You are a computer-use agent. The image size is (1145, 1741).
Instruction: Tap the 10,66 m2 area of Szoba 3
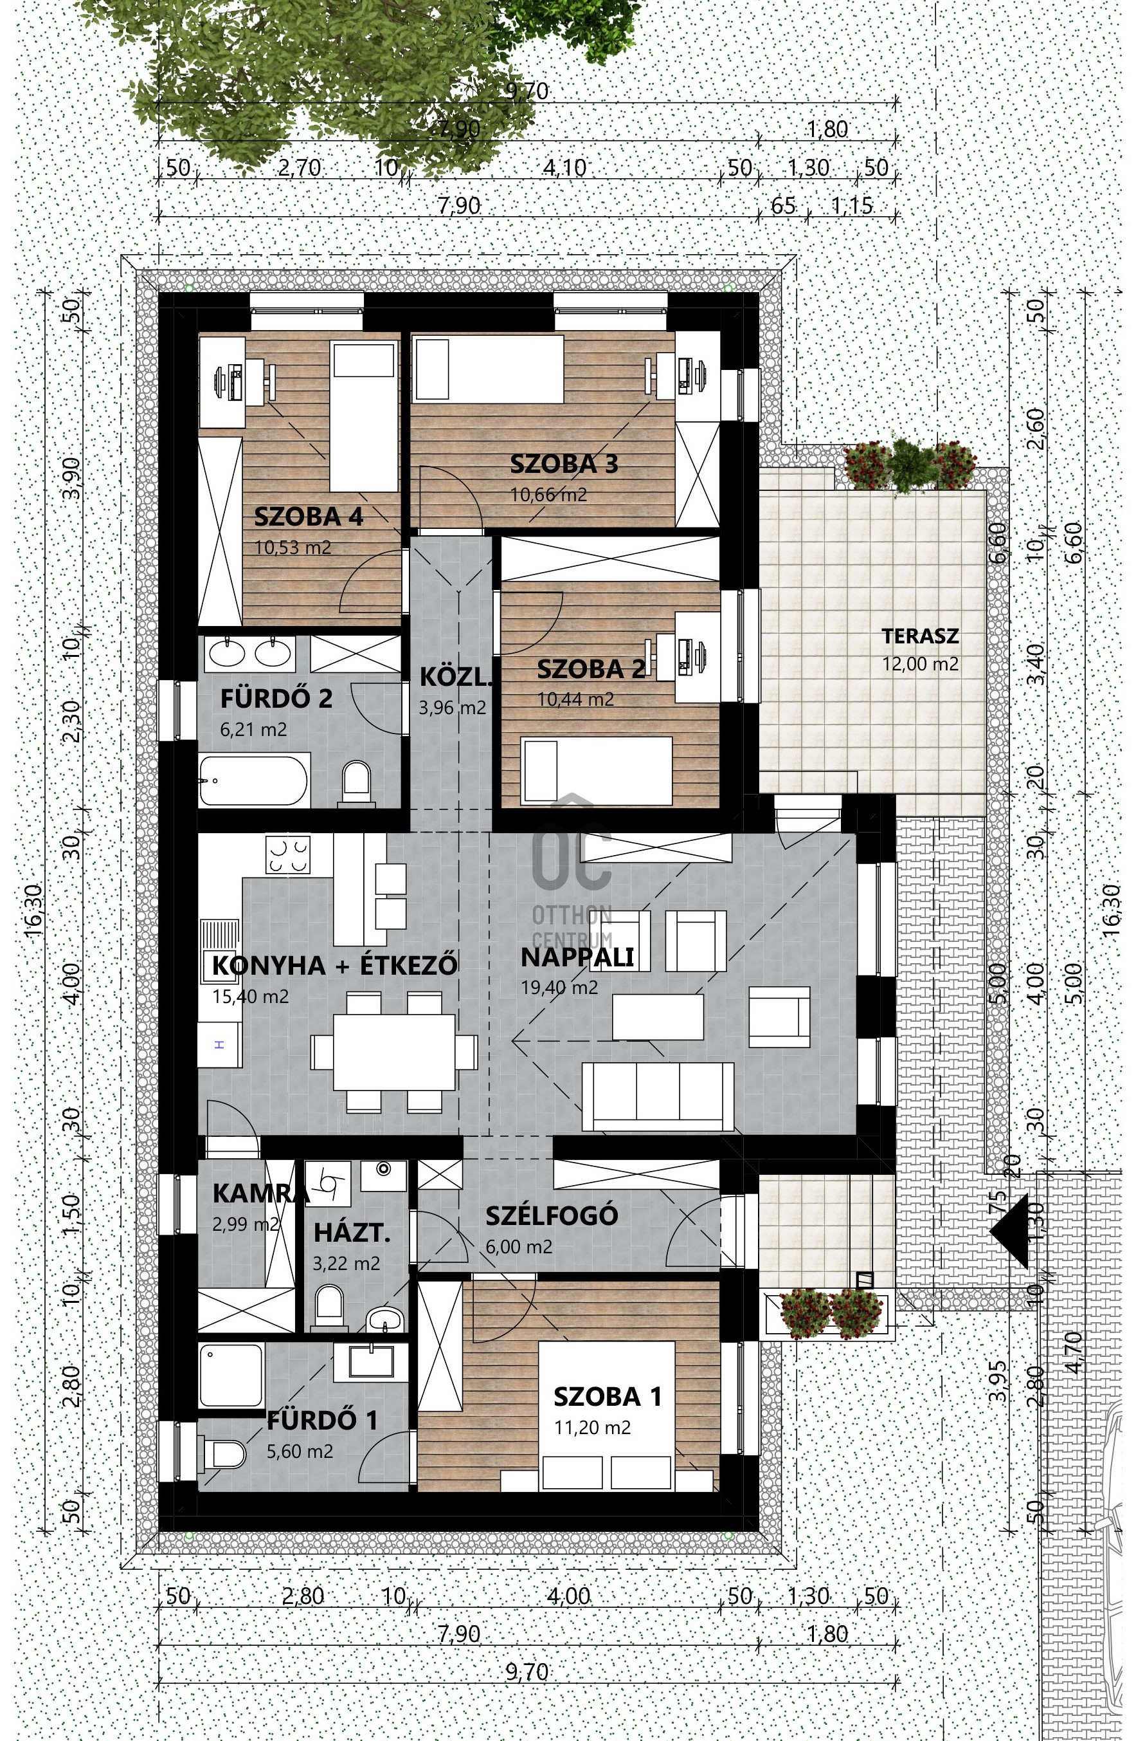[x=548, y=495]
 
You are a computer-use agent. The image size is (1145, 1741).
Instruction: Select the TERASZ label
[x=919, y=636]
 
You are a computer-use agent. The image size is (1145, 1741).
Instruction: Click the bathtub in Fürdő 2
[x=254, y=780]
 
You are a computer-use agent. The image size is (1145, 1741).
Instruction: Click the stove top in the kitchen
[x=288, y=855]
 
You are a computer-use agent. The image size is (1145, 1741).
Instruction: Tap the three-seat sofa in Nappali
[x=658, y=1096]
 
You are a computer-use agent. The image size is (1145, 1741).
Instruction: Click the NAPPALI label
[x=577, y=957]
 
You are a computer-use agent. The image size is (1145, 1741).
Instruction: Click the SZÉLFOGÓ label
[x=552, y=1215]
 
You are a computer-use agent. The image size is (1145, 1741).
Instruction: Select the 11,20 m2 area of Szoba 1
[x=592, y=1427]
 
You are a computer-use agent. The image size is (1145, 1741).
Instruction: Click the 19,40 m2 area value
[x=559, y=988]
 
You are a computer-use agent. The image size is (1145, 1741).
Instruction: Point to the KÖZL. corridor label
[x=453, y=677]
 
